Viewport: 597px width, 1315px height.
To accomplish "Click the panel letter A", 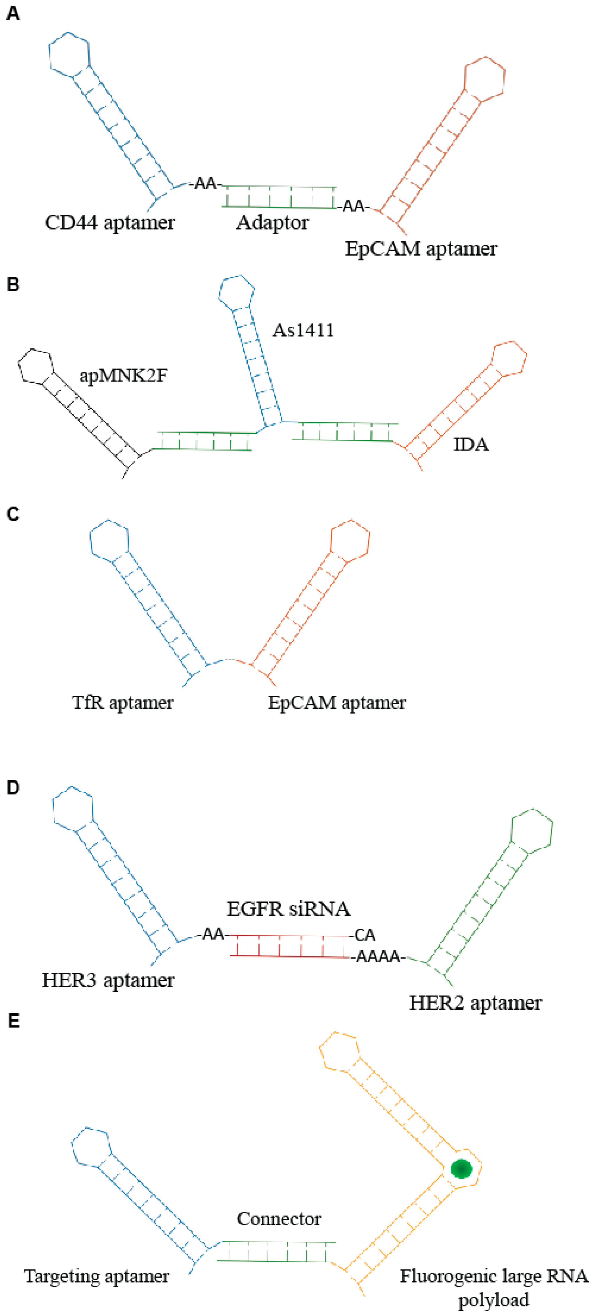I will (x=13, y=14).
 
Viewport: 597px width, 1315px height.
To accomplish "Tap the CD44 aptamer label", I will (x=110, y=223).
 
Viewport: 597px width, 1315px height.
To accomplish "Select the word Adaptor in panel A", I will (x=272, y=223).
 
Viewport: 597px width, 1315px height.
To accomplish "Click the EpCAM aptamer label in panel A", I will (x=421, y=249).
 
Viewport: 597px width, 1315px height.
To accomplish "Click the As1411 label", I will (x=303, y=330).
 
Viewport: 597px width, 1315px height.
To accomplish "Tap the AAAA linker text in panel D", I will (x=378, y=956).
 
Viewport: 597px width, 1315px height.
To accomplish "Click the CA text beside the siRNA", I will (x=365, y=935).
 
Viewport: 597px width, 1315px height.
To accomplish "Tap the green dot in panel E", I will (x=461, y=1169).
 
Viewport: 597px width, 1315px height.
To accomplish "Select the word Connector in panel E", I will (x=279, y=1219).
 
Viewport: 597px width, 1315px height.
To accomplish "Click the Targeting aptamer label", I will (x=97, y=1276).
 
